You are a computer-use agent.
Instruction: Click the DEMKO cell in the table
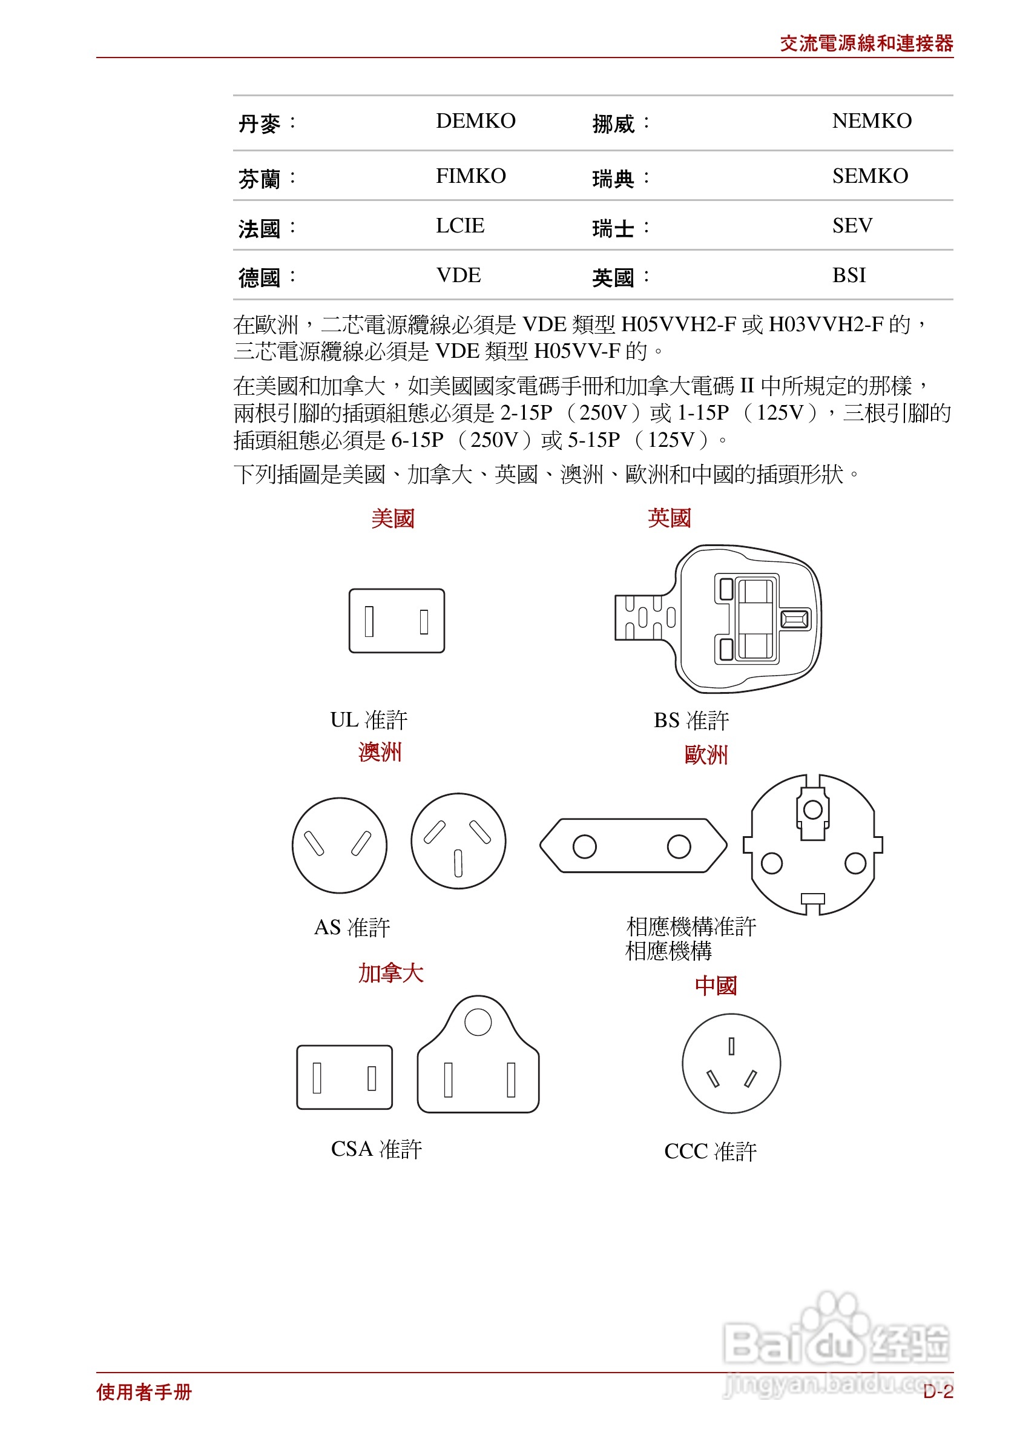tap(475, 120)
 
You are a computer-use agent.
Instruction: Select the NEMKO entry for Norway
tap(871, 120)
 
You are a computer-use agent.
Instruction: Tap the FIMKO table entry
tap(470, 176)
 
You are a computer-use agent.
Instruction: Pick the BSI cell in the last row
tap(848, 275)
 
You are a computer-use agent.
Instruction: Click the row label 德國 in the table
tap(259, 277)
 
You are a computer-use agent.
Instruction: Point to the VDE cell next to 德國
tap(458, 275)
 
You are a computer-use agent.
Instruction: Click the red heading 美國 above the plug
tap(392, 518)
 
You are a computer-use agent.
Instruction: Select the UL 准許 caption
tap(368, 719)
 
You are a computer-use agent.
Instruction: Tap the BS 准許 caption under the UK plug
tap(690, 720)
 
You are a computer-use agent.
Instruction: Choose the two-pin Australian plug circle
tap(339, 845)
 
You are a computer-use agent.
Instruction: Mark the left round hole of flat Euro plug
tap(584, 846)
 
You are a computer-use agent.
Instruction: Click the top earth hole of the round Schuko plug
tap(812, 810)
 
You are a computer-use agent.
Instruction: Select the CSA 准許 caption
tap(376, 1149)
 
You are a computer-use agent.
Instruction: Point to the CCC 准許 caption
tap(709, 1151)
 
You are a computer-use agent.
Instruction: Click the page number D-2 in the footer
tap(936, 1391)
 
